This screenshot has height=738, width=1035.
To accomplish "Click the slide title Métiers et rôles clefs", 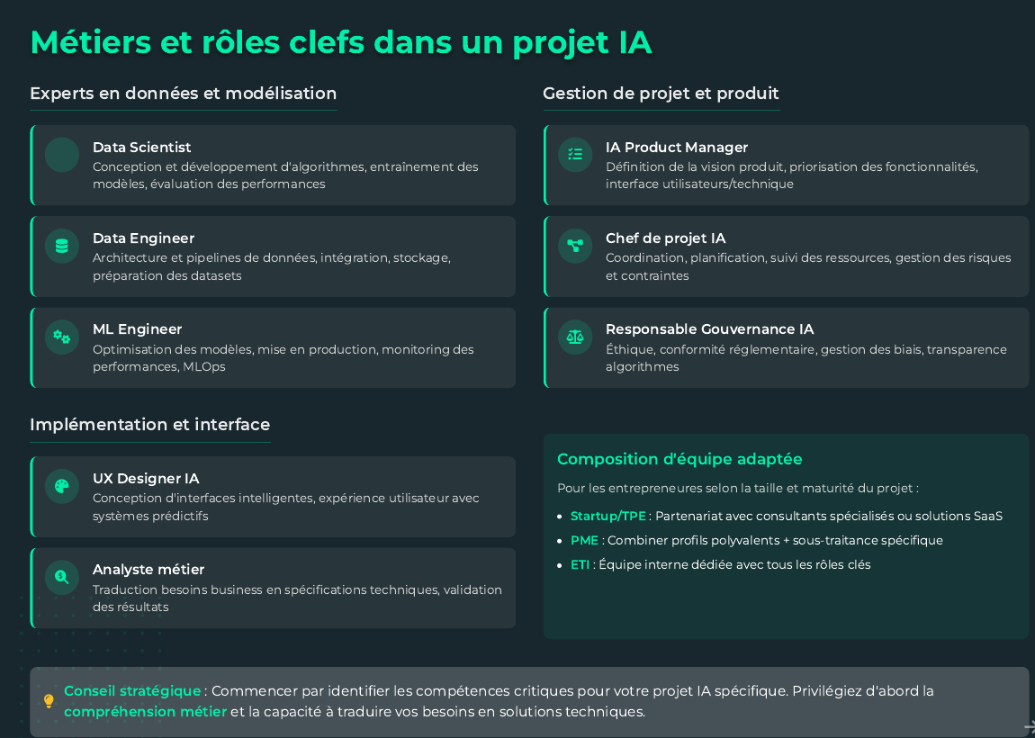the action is click(x=340, y=42).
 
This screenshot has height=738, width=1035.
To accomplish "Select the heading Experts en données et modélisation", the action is click(x=183, y=94).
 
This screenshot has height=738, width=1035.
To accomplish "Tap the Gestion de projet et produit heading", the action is click(x=661, y=94).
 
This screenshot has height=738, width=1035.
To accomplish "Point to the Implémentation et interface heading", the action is click(x=149, y=425).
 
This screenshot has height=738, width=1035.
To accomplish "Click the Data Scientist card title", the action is click(x=141, y=148).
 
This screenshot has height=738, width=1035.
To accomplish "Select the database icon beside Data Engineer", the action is click(x=62, y=246).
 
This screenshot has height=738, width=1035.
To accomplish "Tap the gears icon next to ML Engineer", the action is click(x=62, y=337).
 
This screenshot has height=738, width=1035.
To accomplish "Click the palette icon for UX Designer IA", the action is click(x=62, y=487).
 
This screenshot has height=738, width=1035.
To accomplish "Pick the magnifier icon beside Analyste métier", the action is click(x=62, y=578).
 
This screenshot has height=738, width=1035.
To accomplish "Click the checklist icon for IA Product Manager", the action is click(x=575, y=155).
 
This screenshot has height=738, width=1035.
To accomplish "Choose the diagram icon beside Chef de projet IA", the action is click(x=575, y=246).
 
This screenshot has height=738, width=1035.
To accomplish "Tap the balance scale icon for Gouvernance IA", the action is click(x=575, y=337).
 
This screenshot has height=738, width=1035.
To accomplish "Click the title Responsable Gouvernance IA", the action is click(x=709, y=329).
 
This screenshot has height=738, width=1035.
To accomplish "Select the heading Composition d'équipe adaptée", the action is click(x=679, y=459).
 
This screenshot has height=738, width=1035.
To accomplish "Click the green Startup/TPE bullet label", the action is click(x=608, y=516).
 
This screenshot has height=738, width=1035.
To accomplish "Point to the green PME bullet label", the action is click(x=584, y=540).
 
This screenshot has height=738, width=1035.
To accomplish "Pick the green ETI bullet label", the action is click(x=580, y=564).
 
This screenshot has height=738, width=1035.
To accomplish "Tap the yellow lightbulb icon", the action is click(x=49, y=701).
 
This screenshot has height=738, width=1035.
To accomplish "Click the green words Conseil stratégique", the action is click(x=132, y=691).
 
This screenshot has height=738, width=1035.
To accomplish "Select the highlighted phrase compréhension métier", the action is click(x=145, y=712).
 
